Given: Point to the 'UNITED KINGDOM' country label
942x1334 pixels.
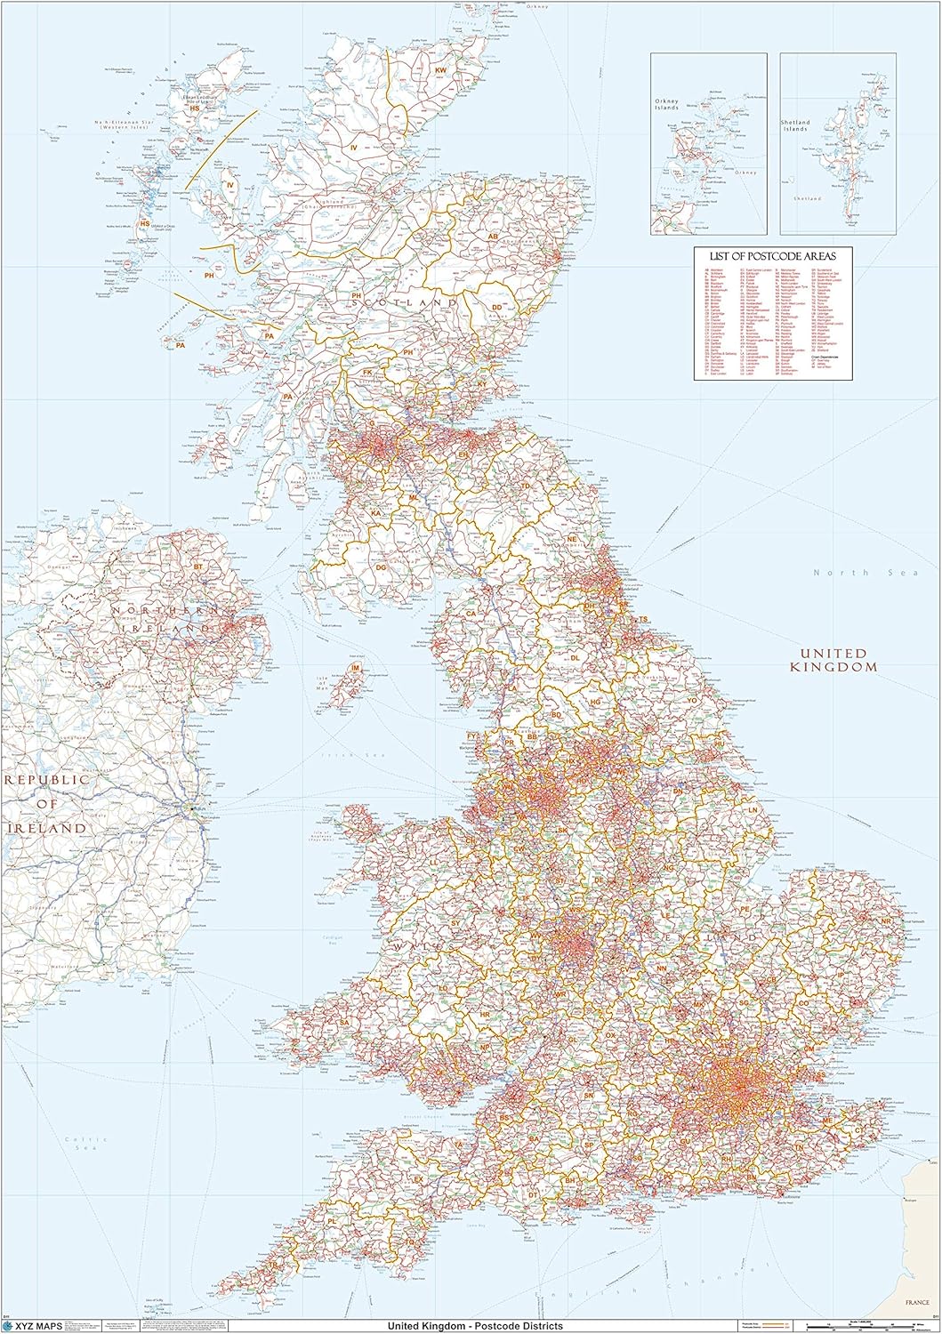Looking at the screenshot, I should (833, 660).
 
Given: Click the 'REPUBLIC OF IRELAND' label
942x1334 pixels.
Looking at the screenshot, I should (47, 803).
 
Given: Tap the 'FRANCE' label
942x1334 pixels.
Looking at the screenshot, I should (916, 1302).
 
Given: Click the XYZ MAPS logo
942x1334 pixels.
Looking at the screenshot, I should (36, 1325).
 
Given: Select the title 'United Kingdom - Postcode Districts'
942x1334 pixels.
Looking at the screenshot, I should (474, 1325).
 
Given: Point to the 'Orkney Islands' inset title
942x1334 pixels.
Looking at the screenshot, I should (668, 110).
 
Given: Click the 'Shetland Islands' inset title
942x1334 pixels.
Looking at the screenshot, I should (796, 125).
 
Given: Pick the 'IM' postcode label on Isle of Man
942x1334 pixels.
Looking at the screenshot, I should (356, 668).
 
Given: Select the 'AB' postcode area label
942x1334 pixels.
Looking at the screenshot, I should (492, 237).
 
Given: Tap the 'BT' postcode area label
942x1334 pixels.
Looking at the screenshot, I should (198, 566).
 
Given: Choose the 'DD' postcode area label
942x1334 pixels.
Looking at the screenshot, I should (497, 307).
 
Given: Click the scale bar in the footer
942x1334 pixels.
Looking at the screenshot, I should (867, 1326).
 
